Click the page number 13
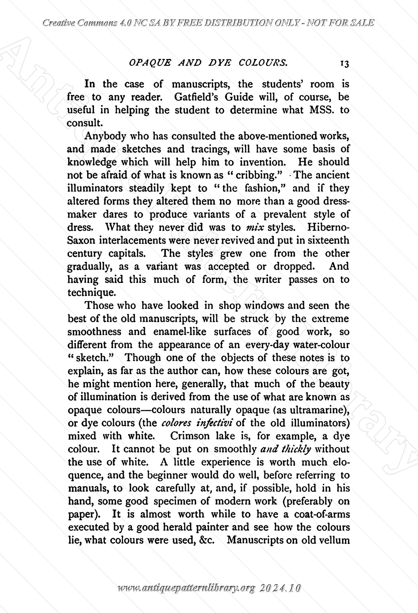pos(344,64)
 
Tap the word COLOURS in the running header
pos(263,63)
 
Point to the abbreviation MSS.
pos(321,110)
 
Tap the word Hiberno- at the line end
pos(328,227)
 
